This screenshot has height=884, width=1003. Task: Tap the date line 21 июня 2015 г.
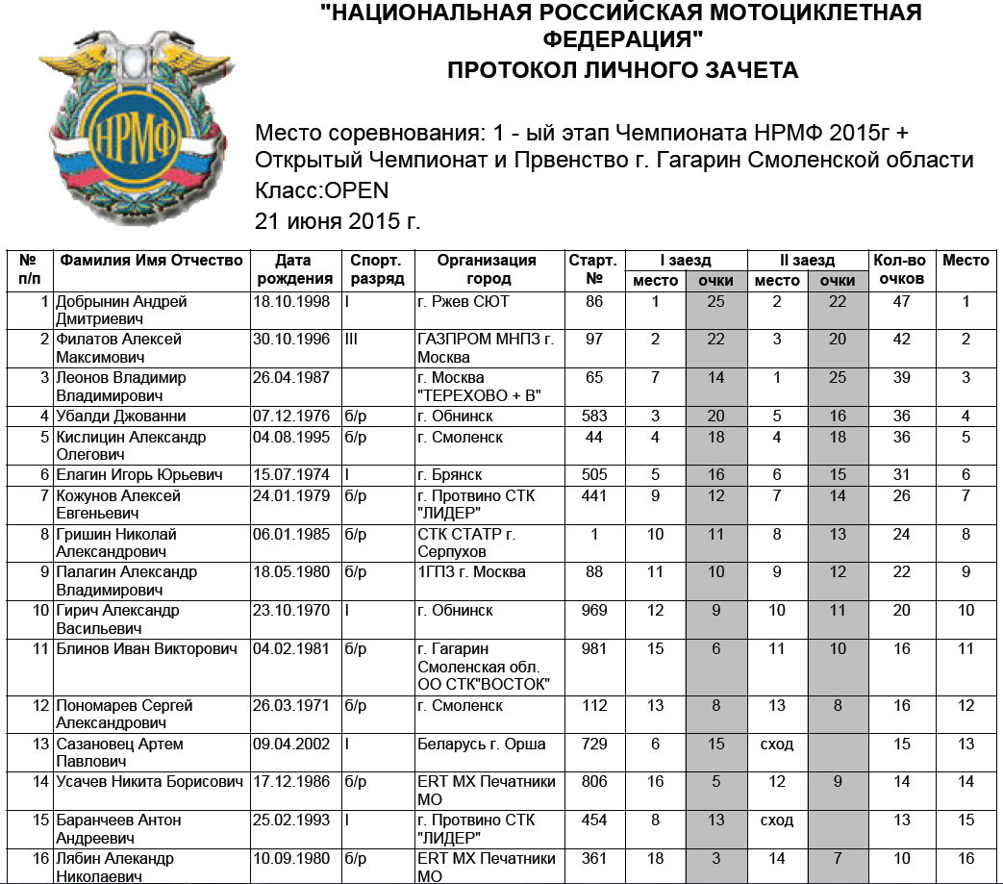tap(338, 220)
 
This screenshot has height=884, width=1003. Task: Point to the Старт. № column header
tap(593, 269)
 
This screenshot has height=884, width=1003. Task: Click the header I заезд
tap(685, 261)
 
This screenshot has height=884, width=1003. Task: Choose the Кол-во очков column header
tap(900, 269)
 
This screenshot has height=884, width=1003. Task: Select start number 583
tap(594, 417)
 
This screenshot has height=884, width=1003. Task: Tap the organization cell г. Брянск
tap(450, 475)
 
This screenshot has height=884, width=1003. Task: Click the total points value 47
tap(901, 302)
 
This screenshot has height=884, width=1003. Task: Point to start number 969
tap(594, 611)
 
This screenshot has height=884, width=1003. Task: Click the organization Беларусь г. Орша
tap(482, 744)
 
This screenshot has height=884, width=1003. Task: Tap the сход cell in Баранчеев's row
tap(777, 821)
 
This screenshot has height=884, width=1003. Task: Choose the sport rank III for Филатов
tap(351, 340)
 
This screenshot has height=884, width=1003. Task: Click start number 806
tap(594, 782)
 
